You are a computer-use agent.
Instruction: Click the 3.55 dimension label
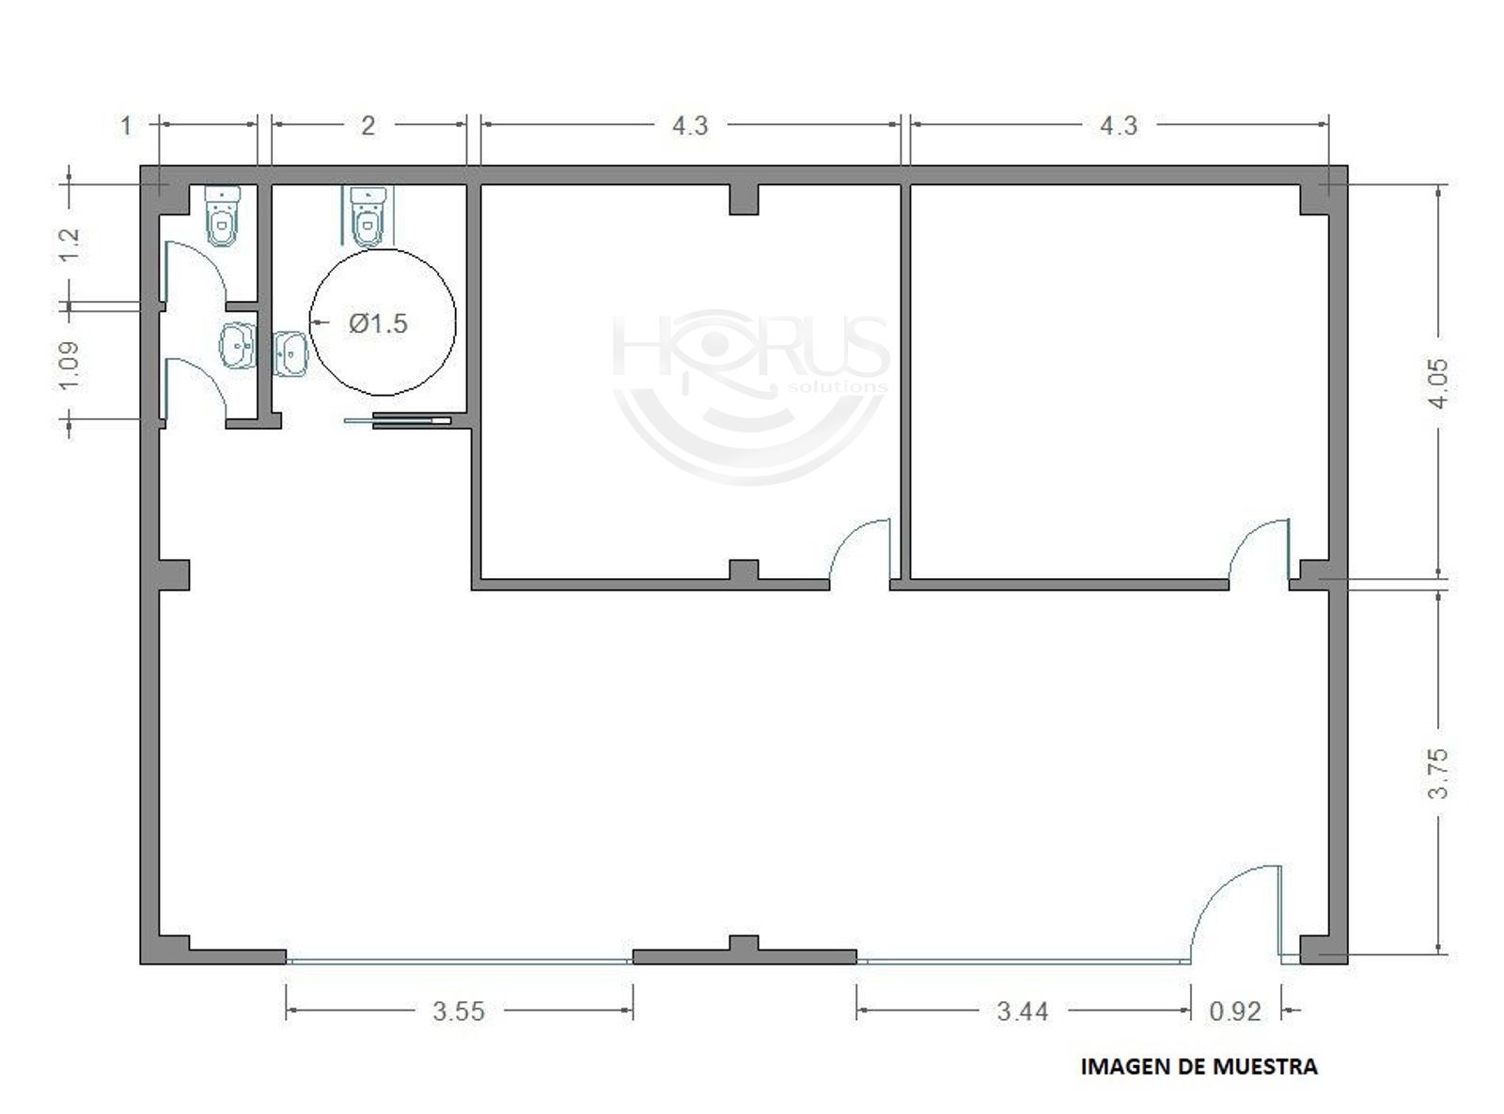click(x=459, y=1012)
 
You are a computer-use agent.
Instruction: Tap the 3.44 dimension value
click(x=1023, y=1012)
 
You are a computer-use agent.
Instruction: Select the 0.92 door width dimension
click(x=1235, y=1012)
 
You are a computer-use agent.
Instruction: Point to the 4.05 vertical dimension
click(x=1438, y=384)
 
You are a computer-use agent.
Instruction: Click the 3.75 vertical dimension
click(x=1438, y=773)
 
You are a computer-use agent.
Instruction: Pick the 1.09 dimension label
click(x=70, y=366)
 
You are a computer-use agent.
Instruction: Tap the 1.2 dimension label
click(x=70, y=245)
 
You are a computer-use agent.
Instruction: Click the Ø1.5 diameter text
click(x=378, y=323)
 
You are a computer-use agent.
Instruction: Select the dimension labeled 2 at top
click(x=368, y=126)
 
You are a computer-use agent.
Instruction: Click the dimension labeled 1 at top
click(x=126, y=126)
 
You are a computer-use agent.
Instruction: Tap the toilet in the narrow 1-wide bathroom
click(x=223, y=215)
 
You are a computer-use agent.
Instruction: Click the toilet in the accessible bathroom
click(x=368, y=215)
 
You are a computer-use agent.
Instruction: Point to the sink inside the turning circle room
click(x=290, y=353)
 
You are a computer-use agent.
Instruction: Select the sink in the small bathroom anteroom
click(x=238, y=345)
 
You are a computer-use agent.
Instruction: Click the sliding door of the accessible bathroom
click(x=398, y=420)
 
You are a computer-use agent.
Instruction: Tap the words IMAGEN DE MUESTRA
click(x=1198, y=1067)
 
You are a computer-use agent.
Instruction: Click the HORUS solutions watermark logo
click(x=750, y=396)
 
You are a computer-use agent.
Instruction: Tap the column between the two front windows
click(x=744, y=949)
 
